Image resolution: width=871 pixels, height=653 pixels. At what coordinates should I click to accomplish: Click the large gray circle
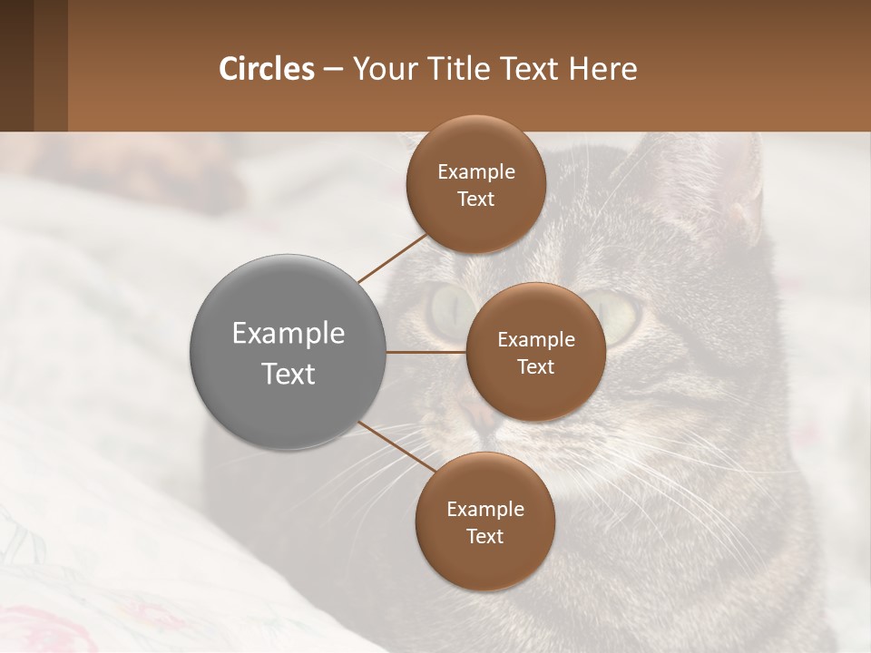(x=288, y=352)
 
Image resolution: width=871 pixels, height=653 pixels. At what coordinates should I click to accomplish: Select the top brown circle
(x=475, y=184)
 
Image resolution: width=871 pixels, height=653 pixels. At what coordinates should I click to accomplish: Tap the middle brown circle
(x=535, y=352)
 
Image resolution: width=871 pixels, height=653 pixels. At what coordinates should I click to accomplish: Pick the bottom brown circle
(x=484, y=521)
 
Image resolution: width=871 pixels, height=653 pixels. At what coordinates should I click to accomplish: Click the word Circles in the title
(x=266, y=69)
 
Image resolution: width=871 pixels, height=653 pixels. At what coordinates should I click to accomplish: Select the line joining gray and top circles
(x=394, y=257)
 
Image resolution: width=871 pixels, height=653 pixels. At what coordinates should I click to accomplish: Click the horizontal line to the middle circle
(x=426, y=352)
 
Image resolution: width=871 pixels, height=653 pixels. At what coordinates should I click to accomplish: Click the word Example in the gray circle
(x=288, y=333)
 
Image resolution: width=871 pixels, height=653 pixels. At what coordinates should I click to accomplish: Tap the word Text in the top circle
(x=475, y=199)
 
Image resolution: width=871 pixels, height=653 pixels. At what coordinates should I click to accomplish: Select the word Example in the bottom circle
(x=484, y=509)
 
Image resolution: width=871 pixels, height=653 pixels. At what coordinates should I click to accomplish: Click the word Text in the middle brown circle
(x=535, y=366)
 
